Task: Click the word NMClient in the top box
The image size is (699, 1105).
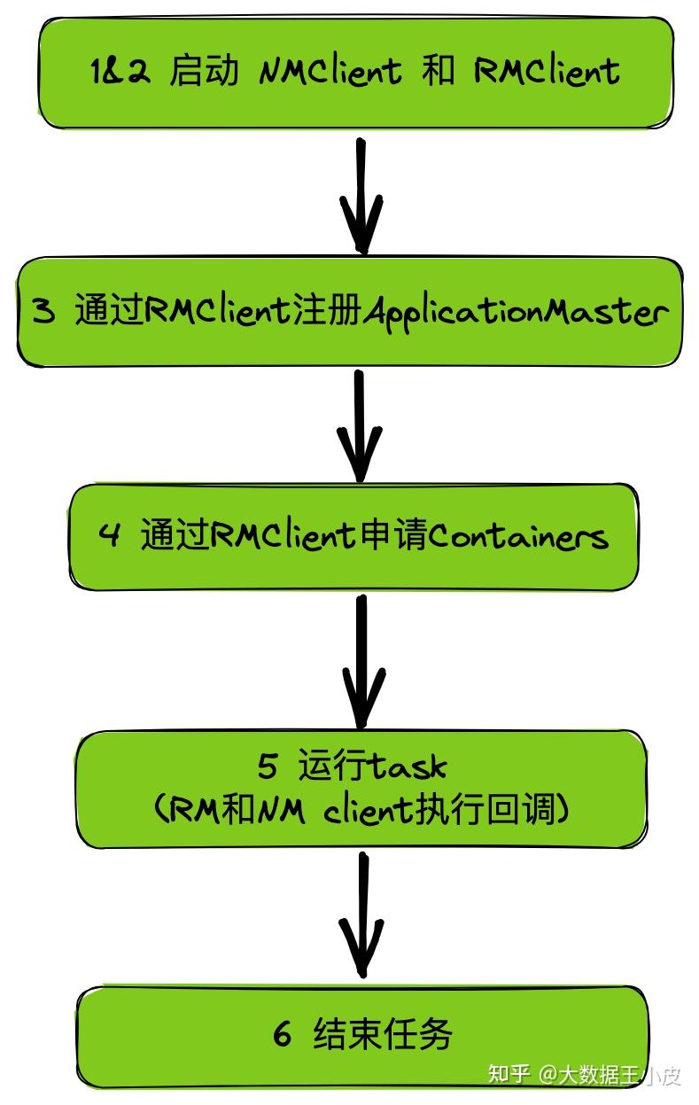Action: pyautogui.click(x=330, y=72)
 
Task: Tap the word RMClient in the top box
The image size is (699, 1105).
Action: pyautogui.click(x=546, y=72)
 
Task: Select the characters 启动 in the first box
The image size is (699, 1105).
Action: pyautogui.click(x=204, y=72)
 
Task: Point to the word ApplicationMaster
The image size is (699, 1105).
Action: pyautogui.click(x=515, y=312)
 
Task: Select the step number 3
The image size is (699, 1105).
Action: pyautogui.click(x=43, y=312)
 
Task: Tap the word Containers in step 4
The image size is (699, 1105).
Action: pyautogui.click(x=518, y=536)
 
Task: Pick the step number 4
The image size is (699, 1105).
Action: pyautogui.click(x=109, y=536)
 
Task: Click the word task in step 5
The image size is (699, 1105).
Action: pyautogui.click(x=408, y=766)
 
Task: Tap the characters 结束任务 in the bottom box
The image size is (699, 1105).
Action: pyautogui.click(x=383, y=1035)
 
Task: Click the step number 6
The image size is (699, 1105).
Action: pyautogui.click(x=282, y=1035)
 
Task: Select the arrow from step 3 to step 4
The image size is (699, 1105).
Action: pyautogui.click(x=359, y=425)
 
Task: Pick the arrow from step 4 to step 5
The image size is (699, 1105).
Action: pyautogui.click(x=361, y=660)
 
